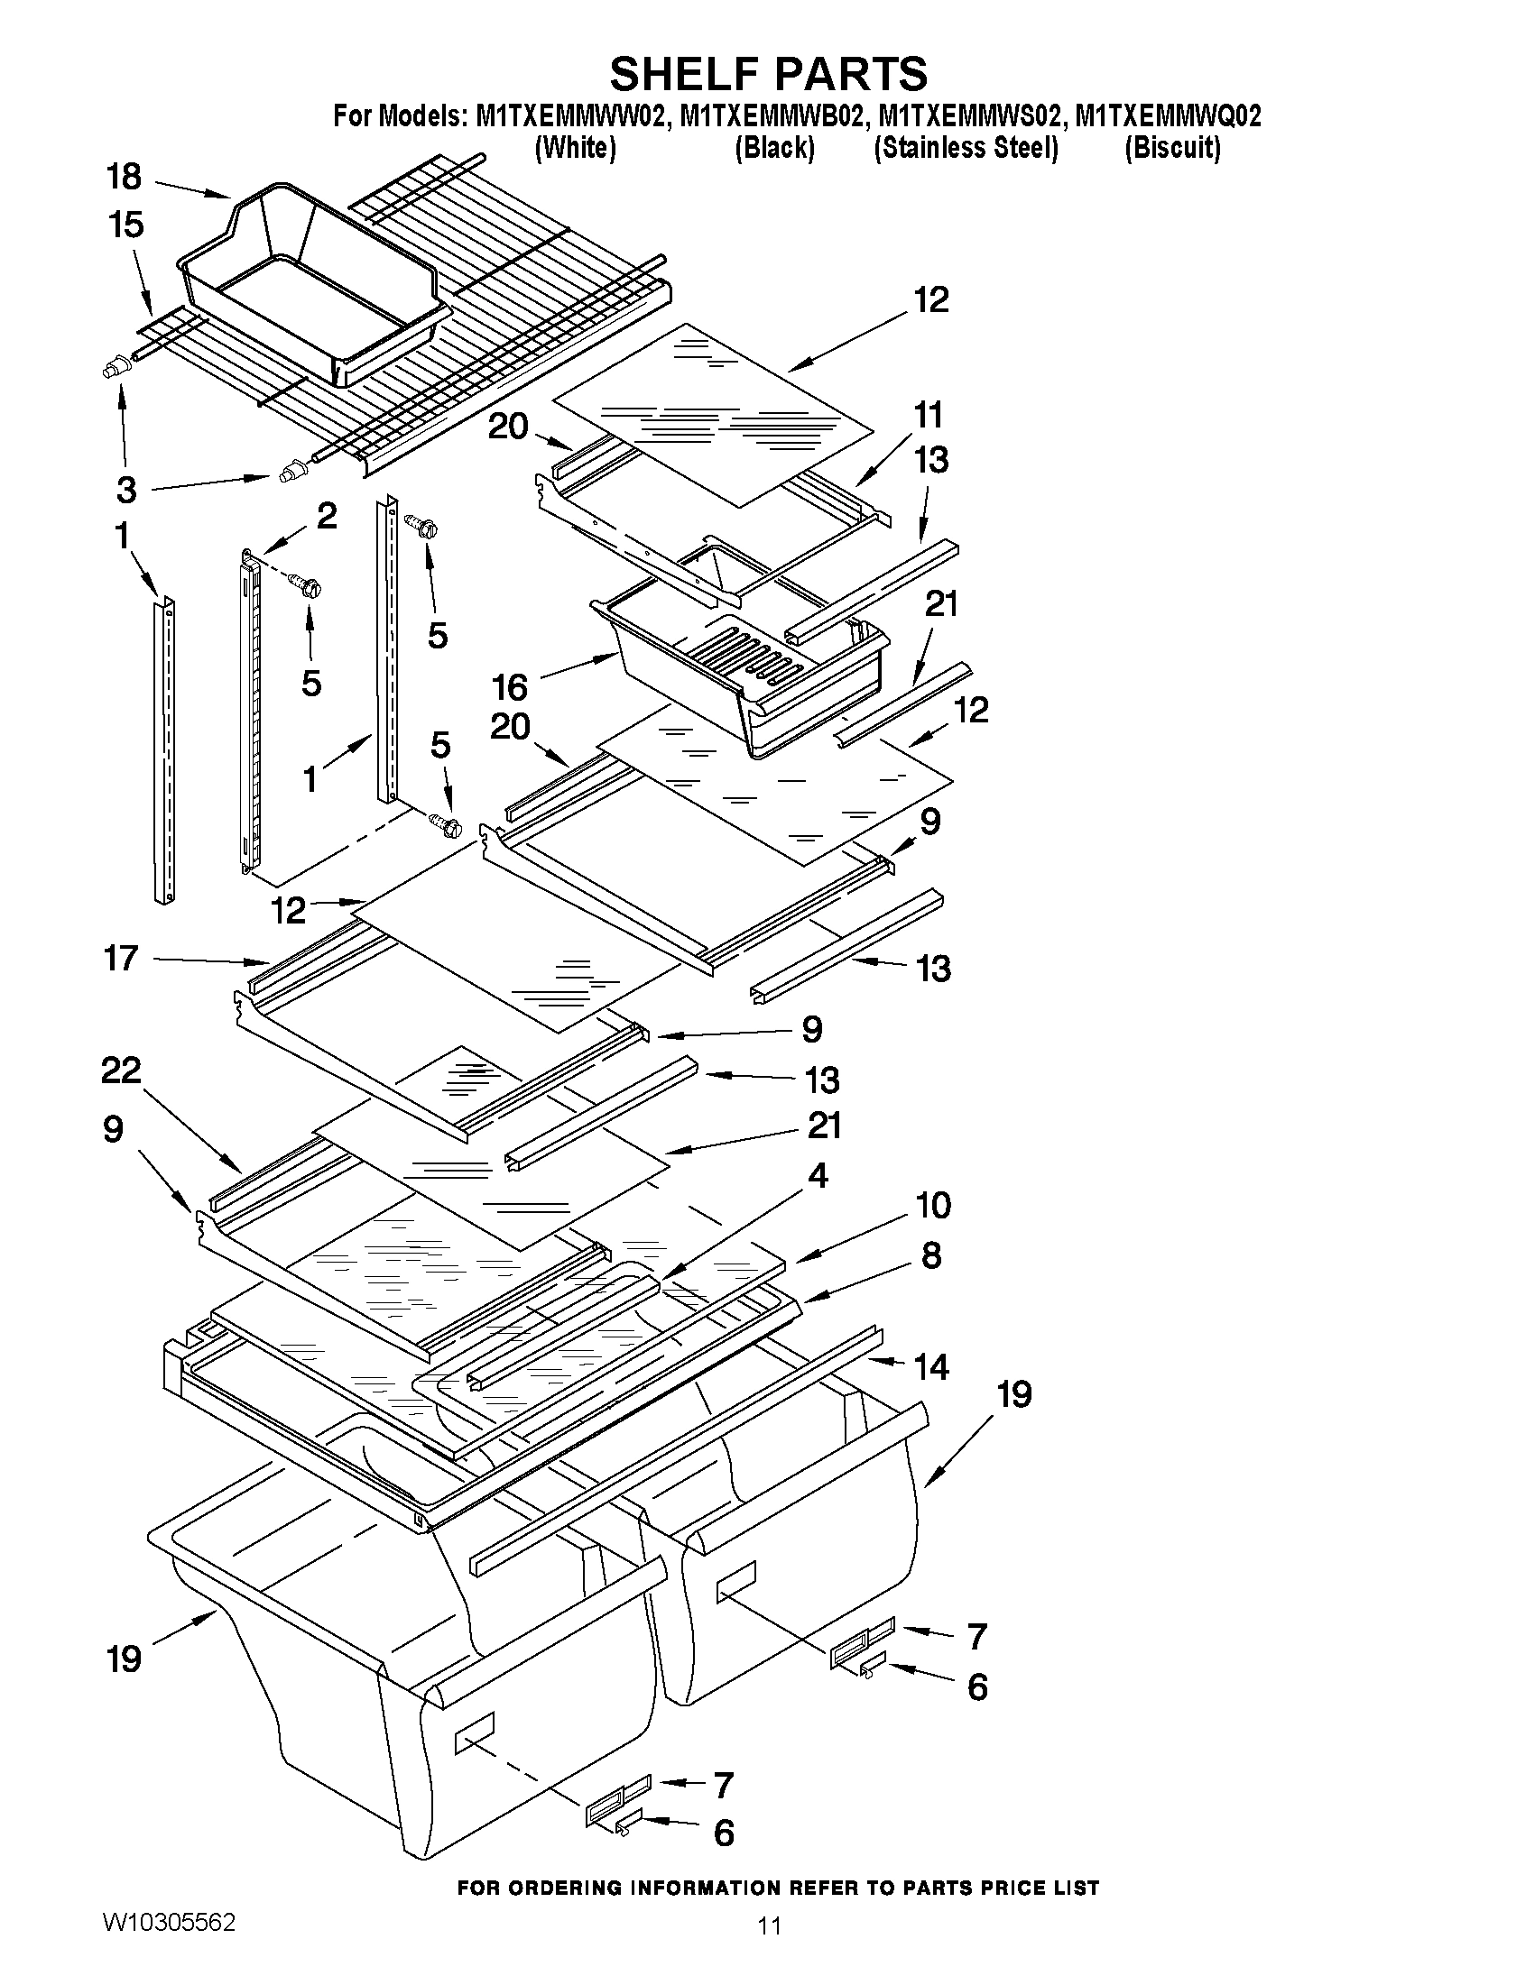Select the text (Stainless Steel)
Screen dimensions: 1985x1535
(966, 148)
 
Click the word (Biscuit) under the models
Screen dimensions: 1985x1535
(1172, 148)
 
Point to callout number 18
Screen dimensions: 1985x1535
(125, 177)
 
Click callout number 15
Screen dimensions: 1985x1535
(125, 225)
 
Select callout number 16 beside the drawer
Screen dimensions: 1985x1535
(510, 687)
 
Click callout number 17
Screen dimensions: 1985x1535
(121, 958)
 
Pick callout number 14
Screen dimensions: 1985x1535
(931, 1366)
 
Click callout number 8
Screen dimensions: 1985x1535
(931, 1256)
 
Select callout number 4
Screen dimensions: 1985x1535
(818, 1176)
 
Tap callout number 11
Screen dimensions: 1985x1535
(928, 416)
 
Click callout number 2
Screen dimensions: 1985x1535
(327, 516)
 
